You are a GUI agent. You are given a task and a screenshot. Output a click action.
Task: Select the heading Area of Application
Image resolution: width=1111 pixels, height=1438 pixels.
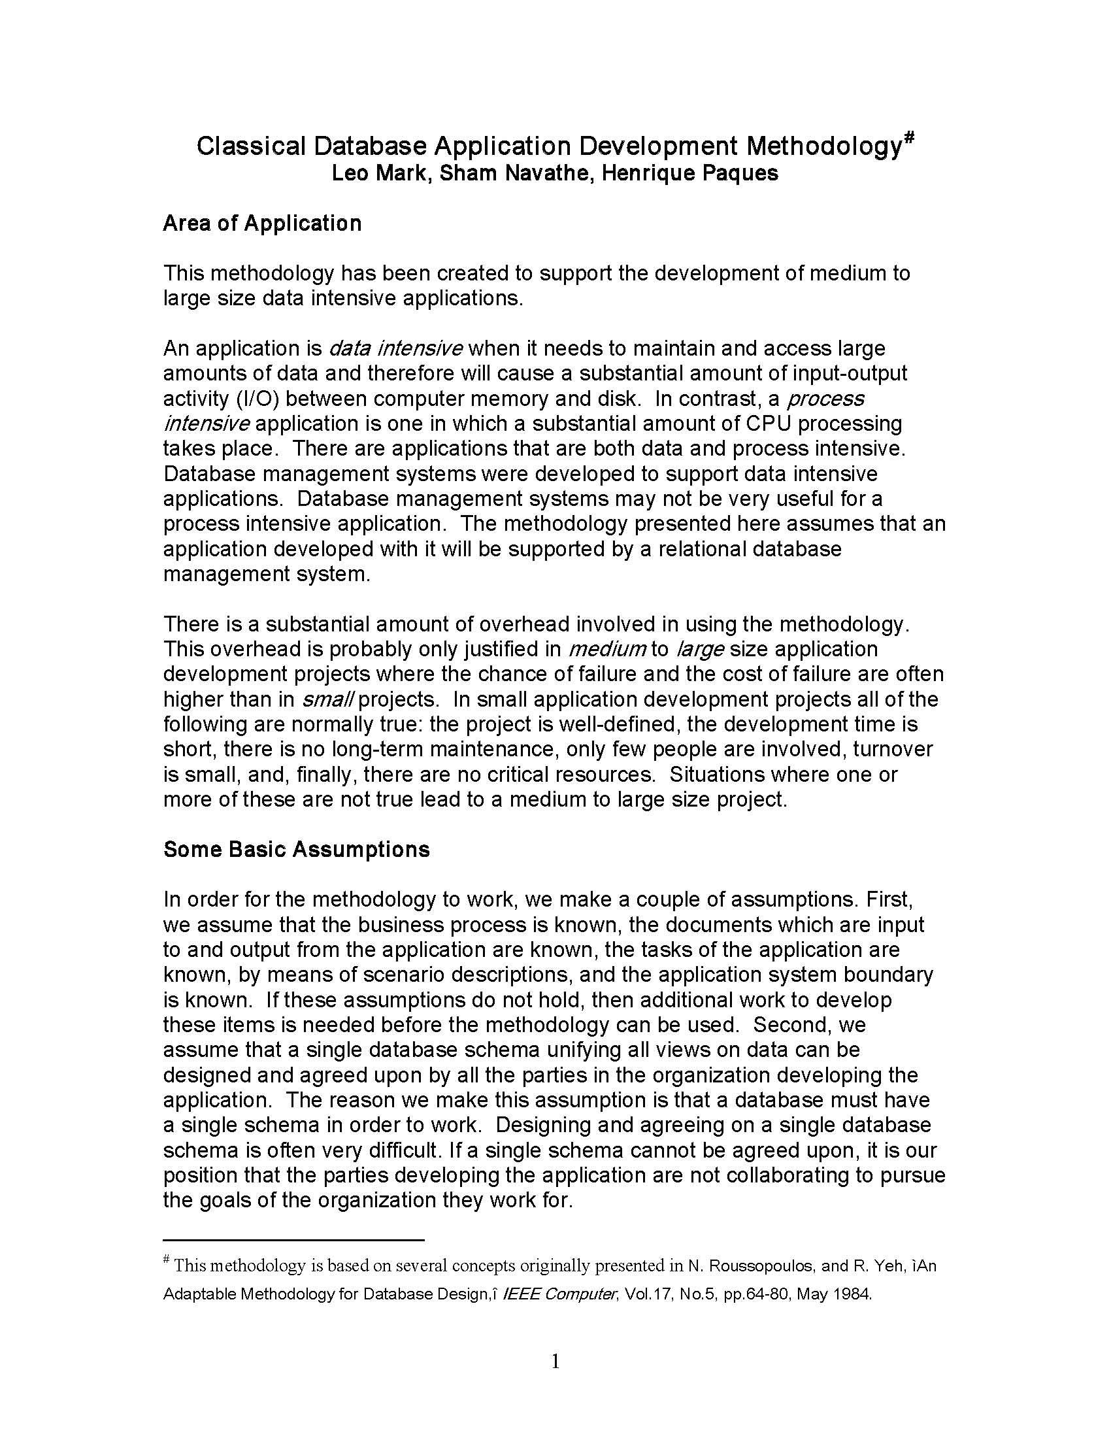(262, 223)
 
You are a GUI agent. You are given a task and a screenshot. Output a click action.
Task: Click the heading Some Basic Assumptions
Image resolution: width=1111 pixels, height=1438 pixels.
(296, 849)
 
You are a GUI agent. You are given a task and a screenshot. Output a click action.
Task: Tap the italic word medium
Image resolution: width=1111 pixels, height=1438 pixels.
(606, 649)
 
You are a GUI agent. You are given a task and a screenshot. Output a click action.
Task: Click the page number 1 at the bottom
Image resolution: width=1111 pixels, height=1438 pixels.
(555, 1362)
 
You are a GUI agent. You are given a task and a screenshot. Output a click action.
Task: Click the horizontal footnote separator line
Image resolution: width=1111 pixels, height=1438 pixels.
(293, 1241)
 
